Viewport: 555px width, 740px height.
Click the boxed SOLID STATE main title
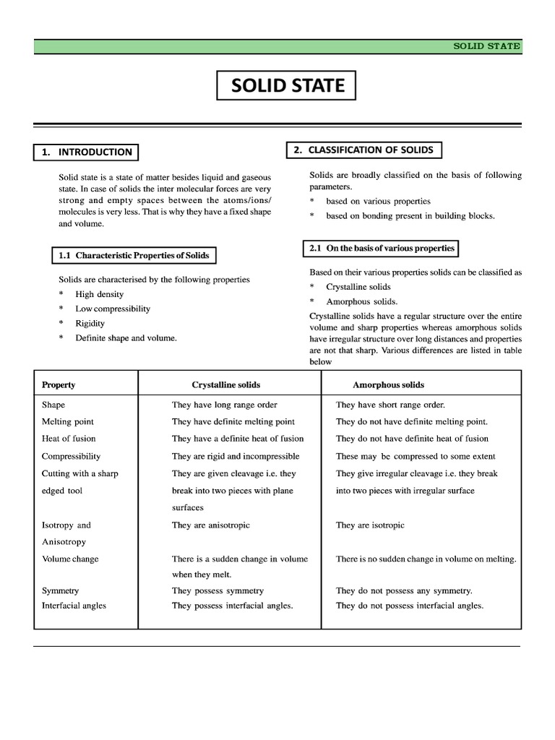287,86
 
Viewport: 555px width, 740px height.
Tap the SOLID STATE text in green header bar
486,46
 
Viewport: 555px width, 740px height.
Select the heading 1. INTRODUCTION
86,152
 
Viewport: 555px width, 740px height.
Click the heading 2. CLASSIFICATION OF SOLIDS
363,150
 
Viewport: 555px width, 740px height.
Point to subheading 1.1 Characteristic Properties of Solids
134,255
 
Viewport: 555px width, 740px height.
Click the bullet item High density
99,294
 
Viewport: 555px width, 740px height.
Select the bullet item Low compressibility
113,309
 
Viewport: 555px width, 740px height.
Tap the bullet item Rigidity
90,323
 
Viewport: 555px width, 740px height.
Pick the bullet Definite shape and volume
126,337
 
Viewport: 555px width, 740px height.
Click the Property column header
59,384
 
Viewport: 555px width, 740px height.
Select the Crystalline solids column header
225,384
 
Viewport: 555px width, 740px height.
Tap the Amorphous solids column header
388,384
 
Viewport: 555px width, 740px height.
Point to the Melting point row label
68,421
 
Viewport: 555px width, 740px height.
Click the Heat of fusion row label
69,439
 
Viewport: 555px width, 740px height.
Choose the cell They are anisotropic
210,525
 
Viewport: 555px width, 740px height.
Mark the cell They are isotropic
370,525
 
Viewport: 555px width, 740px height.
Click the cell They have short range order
390,405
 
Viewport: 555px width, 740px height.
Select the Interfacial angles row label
74,606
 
